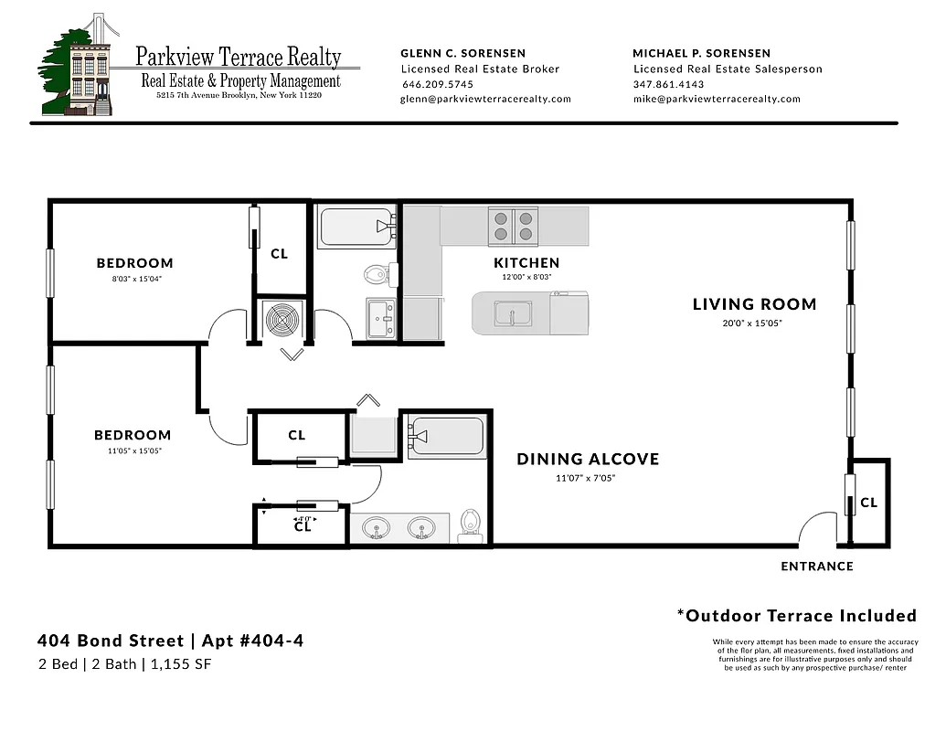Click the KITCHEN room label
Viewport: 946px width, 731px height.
tap(526, 263)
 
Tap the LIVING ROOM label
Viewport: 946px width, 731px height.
tap(754, 304)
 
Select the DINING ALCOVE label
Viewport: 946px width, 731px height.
tap(588, 459)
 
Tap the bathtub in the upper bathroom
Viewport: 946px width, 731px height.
tap(356, 227)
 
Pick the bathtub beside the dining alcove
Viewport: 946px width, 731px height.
tap(447, 438)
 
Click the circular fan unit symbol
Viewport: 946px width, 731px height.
tap(282, 320)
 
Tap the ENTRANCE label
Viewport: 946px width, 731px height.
tap(816, 567)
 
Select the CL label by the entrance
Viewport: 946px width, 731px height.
tap(868, 503)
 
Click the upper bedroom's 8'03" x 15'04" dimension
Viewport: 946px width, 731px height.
tap(134, 279)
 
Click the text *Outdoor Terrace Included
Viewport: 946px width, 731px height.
tap(796, 615)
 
